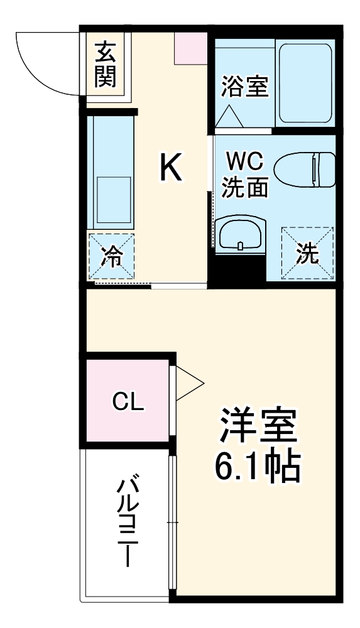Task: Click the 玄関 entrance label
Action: (x=106, y=65)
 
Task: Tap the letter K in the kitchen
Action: (x=170, y=168)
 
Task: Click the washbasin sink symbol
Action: (x=241, y=235)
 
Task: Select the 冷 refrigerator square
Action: (x=111, y=256)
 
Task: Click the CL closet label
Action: (x=128, y=401)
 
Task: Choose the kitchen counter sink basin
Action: (x=113, y=195)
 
